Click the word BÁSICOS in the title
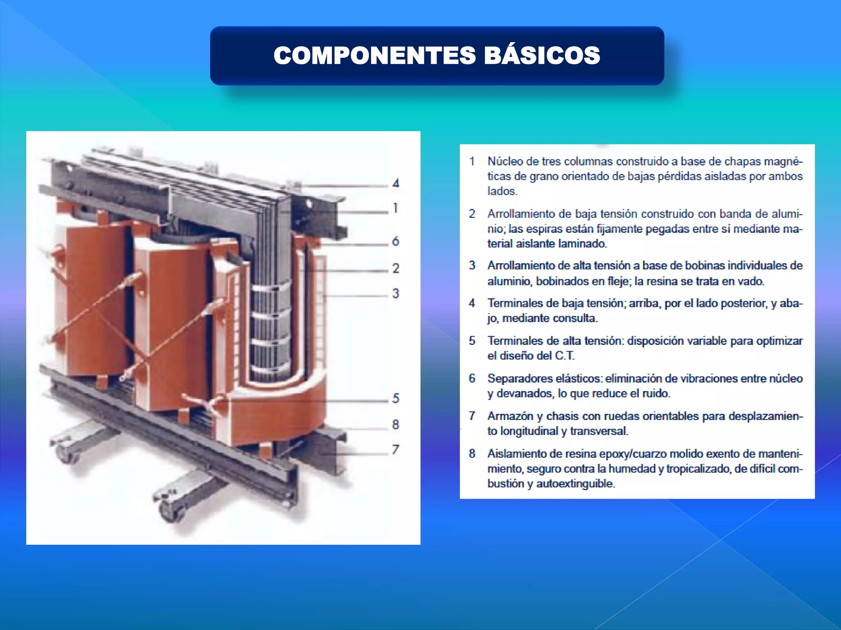[x=542, y=55]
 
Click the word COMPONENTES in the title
[x=375, y=55]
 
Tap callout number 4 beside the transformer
[x=395, y=183]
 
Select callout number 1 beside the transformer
[x=395, y=208]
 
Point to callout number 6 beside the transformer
[x=395, y=241]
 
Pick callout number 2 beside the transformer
[x=395, y=268]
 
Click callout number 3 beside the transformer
[x=395, y=294]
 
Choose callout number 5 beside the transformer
[x=395, y=398]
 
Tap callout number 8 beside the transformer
[x=395, y=425]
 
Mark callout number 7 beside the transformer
[x=395, y=450]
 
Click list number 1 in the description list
[x=472, y=161]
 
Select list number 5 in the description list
[x=472, y=341]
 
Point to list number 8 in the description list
[x=472, y=454]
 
